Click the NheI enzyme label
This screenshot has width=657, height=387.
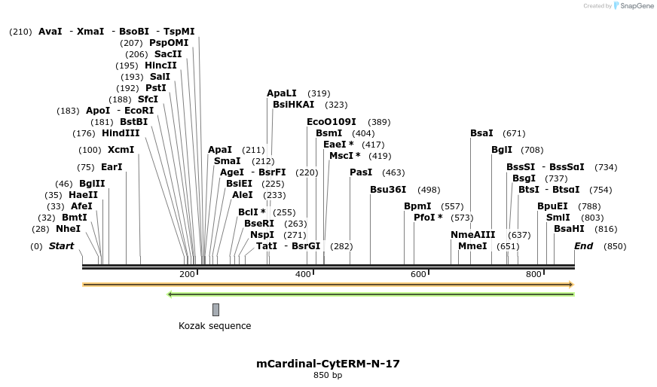coord(68,229)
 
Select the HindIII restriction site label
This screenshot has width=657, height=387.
coord(121,133)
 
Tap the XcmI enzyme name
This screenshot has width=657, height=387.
coord(121,150)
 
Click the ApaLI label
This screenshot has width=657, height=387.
coord(282,93)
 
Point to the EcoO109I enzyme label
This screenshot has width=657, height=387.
coord(332,122)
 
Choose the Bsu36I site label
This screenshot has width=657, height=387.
coord(388,190)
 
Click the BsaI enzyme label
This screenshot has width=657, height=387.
coord(481,133)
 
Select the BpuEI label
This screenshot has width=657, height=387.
coord(552,206)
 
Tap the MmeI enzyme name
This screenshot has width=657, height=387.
coord(472,246)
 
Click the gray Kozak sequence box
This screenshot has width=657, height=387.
coord(215,309)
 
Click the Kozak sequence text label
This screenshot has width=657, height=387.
coord(215,326)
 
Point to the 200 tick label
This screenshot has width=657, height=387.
coord(188,275)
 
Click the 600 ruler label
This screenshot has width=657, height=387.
coord(418,275)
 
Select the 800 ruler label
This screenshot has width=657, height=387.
coord(533,275)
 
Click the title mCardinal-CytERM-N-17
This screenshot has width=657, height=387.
coord(328,364)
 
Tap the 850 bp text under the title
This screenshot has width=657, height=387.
coord(328,375)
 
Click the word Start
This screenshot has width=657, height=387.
coord(62,246)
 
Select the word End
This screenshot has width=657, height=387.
coord(583,246)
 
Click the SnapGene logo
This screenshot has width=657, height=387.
coord(632,6)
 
